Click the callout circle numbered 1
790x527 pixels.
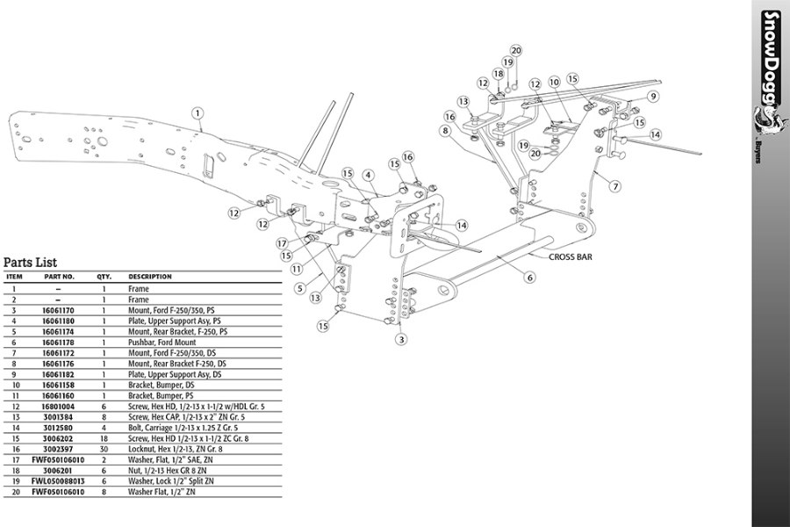[x=198, y=112]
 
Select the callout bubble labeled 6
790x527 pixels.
[x=530, y=278]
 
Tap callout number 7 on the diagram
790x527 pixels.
[x=615, y=186]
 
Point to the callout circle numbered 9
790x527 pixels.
[x=654, y=96]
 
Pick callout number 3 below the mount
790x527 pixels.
[x=401, y=339]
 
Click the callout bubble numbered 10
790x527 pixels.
[x=553, y=82]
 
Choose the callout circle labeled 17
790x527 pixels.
[x=282, y=242]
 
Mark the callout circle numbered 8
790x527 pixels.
[x=446, y=131]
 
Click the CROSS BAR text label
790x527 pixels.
[x=572, y=257]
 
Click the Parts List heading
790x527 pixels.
[x=30, y=262]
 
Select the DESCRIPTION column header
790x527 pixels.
[x=150, y=277]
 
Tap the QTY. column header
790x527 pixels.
[x=104, y=277]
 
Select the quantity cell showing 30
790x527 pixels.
[x=104, y=448]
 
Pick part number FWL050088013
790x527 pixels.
[x=59, y=480]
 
